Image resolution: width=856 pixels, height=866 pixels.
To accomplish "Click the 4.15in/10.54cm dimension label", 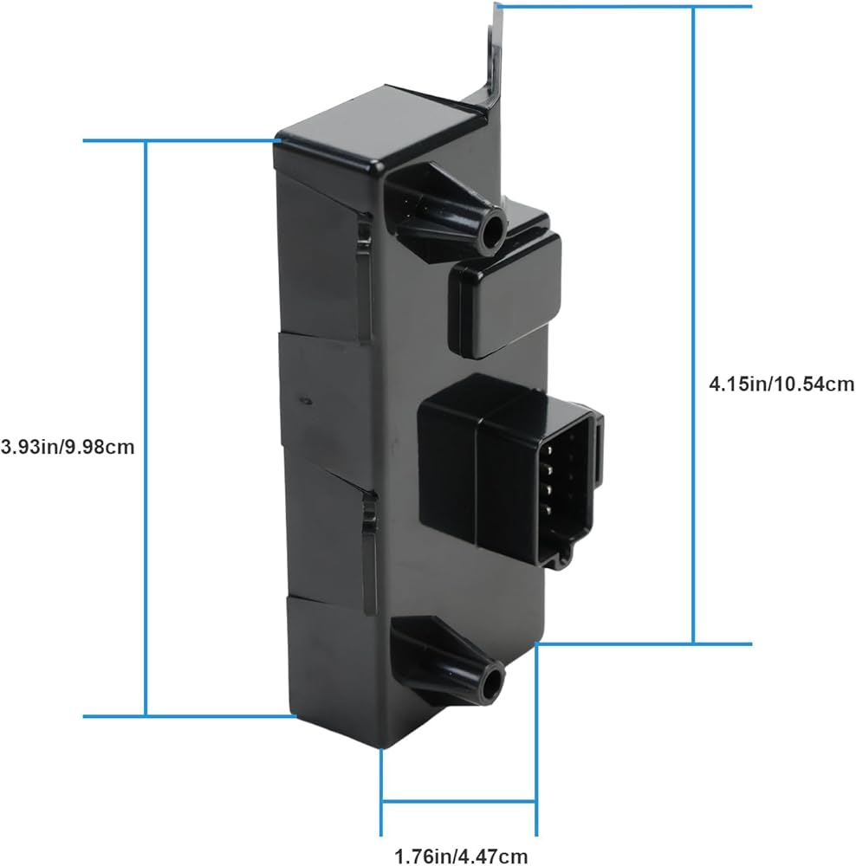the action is [x=781, y=384].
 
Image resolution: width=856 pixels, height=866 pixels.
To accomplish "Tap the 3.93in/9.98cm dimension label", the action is [x=68, y=446].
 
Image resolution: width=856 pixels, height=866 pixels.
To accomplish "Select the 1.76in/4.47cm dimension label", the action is [x=460, y=856].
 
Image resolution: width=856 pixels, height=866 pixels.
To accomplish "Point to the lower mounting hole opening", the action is [x=491, y=685].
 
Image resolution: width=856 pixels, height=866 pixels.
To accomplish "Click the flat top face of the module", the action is [x=381, y=119].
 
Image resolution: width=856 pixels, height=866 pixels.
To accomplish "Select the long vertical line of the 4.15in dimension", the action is [x=693, y=325].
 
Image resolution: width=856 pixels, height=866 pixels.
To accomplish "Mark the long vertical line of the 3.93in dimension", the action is [x=146, y=429].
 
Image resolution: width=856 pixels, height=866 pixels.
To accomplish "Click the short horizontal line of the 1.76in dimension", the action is [x=458, y=801].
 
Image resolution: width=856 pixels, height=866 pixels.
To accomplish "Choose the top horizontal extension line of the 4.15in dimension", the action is [x=624, y=7].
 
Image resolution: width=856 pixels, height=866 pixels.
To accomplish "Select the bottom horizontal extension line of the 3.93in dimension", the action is [x=190, y=716].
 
